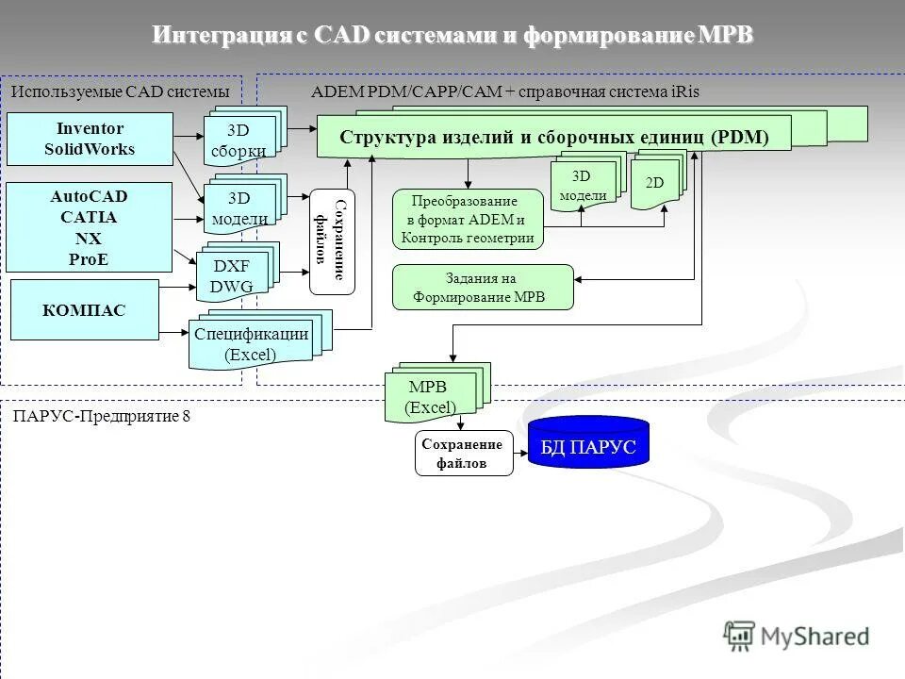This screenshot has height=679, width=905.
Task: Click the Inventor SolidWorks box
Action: point(90,139)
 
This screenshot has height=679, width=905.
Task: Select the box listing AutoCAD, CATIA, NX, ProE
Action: point(90,227)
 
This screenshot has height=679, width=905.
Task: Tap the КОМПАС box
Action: point(84,310)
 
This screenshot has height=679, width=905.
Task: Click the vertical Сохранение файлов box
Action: point(332,242)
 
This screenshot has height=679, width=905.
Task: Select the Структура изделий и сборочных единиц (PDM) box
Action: point(554,137)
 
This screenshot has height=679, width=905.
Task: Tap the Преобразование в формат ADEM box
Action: point(469,219)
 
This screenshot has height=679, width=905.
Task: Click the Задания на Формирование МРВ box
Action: point(482,288)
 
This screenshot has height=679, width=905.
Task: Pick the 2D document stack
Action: point(654,183)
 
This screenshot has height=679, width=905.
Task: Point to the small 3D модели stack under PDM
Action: point(583,185)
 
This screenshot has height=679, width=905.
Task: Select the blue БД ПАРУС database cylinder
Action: point(588,443)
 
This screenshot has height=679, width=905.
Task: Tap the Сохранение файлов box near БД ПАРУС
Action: point(464,454)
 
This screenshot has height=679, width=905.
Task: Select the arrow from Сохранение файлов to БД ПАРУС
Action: point(520,454)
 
